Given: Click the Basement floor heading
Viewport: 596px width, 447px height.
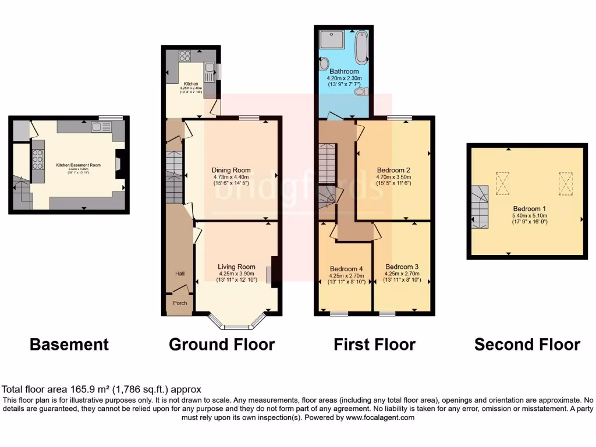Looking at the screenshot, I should click(x=69, y=345).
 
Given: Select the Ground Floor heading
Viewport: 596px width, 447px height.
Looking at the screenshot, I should click(x=222, y=345).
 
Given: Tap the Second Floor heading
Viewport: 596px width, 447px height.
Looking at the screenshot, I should click(x=527, y=345).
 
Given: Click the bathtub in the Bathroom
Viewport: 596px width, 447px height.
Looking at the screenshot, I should click(x=361, y=47).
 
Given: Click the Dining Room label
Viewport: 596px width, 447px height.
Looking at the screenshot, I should click(x=230, y=171).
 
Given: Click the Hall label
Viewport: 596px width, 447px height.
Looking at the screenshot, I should click(x=180, y=273).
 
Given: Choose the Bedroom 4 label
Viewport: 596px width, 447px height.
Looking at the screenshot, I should click(x=346, y=269).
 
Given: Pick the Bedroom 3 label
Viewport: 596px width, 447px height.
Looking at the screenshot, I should click(x=402, y=267).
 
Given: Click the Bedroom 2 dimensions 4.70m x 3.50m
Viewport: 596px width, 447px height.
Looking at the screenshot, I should click(x=393, y=177).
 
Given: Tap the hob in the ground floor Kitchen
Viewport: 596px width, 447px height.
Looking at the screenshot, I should click(x=185, y=56).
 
